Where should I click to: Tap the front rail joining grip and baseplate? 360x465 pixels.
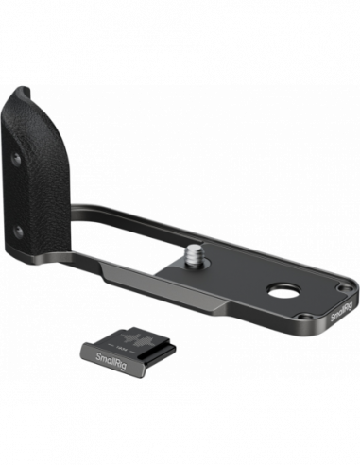pos(113,284)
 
